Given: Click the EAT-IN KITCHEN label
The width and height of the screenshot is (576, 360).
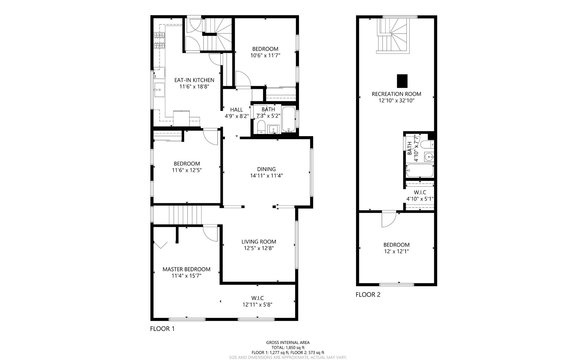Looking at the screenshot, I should [194, 80].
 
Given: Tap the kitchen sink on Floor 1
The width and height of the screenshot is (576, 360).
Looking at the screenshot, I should [159, 90].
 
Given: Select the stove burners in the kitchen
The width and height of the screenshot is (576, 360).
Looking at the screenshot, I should [159, 40].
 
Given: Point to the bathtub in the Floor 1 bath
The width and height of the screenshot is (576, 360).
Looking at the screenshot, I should [289, 119].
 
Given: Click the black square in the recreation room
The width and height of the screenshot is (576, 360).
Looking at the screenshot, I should [402, 81].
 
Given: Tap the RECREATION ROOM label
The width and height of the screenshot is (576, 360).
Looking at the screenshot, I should [396, 94].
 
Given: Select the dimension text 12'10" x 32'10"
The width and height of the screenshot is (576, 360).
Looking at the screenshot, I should [396, 100].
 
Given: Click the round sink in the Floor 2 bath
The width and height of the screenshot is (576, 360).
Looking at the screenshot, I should [429, 156].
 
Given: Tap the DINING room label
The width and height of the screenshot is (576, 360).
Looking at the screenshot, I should [266, 169].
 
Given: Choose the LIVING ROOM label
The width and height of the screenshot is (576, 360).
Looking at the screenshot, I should [259, 242].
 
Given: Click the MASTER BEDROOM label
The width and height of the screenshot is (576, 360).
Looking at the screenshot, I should [186, 269].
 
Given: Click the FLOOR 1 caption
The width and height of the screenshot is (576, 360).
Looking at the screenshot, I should [162, 328].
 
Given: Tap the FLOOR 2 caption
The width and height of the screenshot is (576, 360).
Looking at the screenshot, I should [368, 295].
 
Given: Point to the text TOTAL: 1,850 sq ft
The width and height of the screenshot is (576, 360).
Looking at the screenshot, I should [288, 348].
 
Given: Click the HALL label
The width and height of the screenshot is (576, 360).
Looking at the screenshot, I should [236, 110].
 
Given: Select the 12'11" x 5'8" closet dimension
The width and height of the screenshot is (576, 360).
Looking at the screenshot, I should [257, 305].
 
